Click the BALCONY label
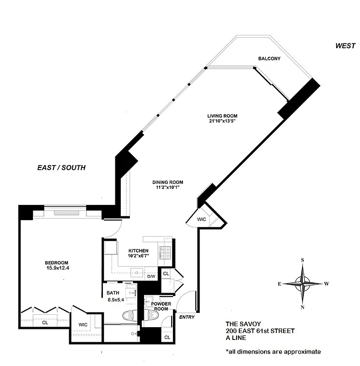269,59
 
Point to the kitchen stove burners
164,251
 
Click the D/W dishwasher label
151,276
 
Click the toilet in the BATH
129,315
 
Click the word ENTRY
187,317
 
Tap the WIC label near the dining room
202,220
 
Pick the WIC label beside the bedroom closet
83,324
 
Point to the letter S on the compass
302,260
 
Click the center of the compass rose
302,283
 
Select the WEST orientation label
345,45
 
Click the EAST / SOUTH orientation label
61,168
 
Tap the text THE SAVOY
246,323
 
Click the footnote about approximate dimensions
273,352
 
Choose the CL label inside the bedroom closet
45,322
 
